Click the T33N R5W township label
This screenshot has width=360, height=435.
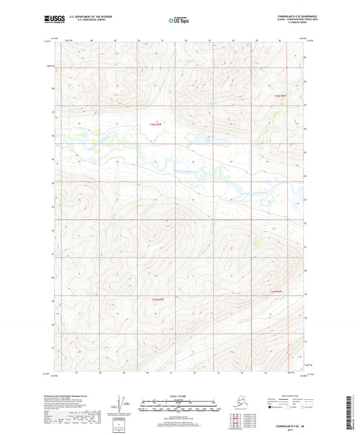click(x=156, y=124)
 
